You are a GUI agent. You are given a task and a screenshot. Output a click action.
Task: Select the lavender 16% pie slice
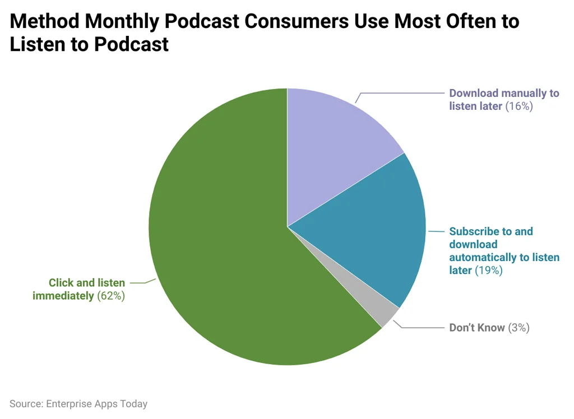coord(331,151)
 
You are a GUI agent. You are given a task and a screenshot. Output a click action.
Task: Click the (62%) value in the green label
coord(110,296)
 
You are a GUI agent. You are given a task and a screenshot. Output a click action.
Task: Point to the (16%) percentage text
coord(519,106)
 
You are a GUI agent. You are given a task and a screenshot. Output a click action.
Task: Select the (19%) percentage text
coord(488,271)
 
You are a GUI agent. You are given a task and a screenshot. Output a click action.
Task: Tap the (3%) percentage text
coord(519,328)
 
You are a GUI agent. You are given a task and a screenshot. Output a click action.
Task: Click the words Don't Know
coord(477,328)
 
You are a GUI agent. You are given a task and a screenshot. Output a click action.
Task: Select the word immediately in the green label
coord(63,296)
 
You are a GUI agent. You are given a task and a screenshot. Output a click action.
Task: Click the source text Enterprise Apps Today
coord(96,403)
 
